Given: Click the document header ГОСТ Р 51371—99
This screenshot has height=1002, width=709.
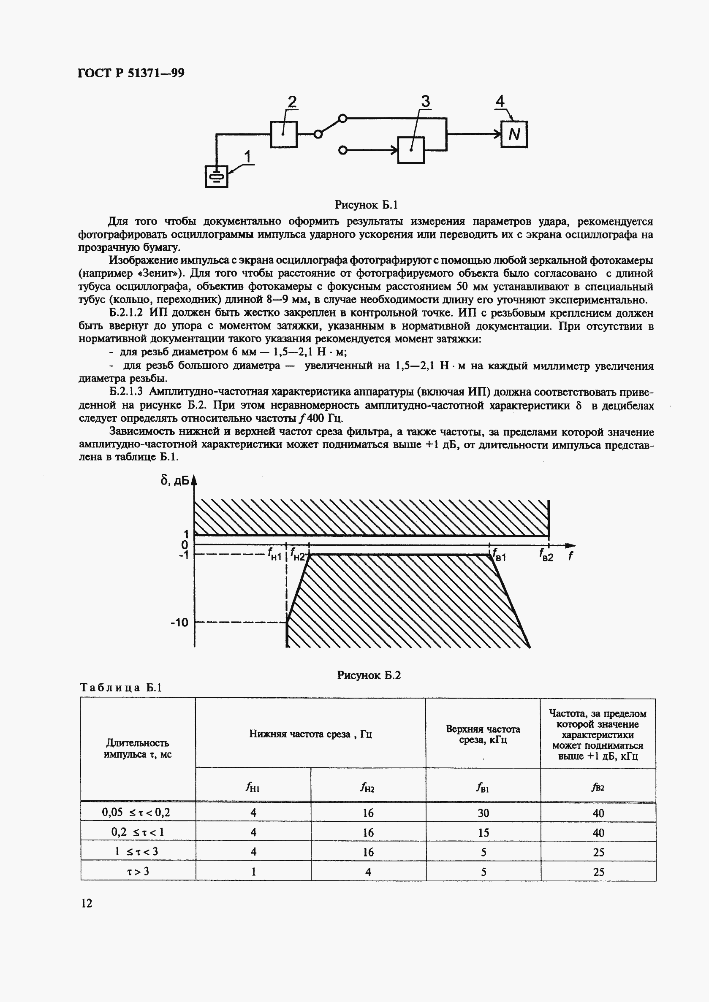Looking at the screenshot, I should (x=131, y=73).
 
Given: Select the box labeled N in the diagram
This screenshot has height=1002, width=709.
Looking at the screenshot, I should (x=514, y=134).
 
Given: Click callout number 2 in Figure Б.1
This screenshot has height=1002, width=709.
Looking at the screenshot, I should (x=292, y=102).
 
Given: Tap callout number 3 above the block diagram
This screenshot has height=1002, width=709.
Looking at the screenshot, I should (x=425, y=102).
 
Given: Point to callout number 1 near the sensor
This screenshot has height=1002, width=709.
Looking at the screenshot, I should (x=248, y=156).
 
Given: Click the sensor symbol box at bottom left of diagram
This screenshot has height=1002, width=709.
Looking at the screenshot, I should (x=217, y=177).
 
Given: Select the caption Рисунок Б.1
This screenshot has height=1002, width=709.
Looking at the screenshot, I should (x=366, y=205).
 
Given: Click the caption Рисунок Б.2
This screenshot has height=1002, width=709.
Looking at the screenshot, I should (x=369, y=675).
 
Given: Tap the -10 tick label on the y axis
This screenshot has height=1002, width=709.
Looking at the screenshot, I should (x=179, y=622).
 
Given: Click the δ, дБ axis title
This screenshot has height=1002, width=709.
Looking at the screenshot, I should (x=175, y=480).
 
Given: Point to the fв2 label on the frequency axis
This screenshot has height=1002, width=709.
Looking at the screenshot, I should (x=546, y=555).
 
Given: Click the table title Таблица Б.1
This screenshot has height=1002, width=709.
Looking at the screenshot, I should (x=121, y=688).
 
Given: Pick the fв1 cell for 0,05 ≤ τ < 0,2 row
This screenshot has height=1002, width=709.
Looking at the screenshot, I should (x=483, y=813).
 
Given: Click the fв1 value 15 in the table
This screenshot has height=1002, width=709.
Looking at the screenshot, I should (x=483, y=833).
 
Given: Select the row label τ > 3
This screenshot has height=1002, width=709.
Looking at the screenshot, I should (x=138, y=872).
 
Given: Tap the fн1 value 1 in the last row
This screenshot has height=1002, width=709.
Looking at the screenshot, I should (x=253, y=872).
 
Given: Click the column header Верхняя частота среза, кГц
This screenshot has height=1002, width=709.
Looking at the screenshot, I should (x=483, y=734).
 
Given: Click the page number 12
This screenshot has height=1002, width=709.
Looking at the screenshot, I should (x=87, y=903).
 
